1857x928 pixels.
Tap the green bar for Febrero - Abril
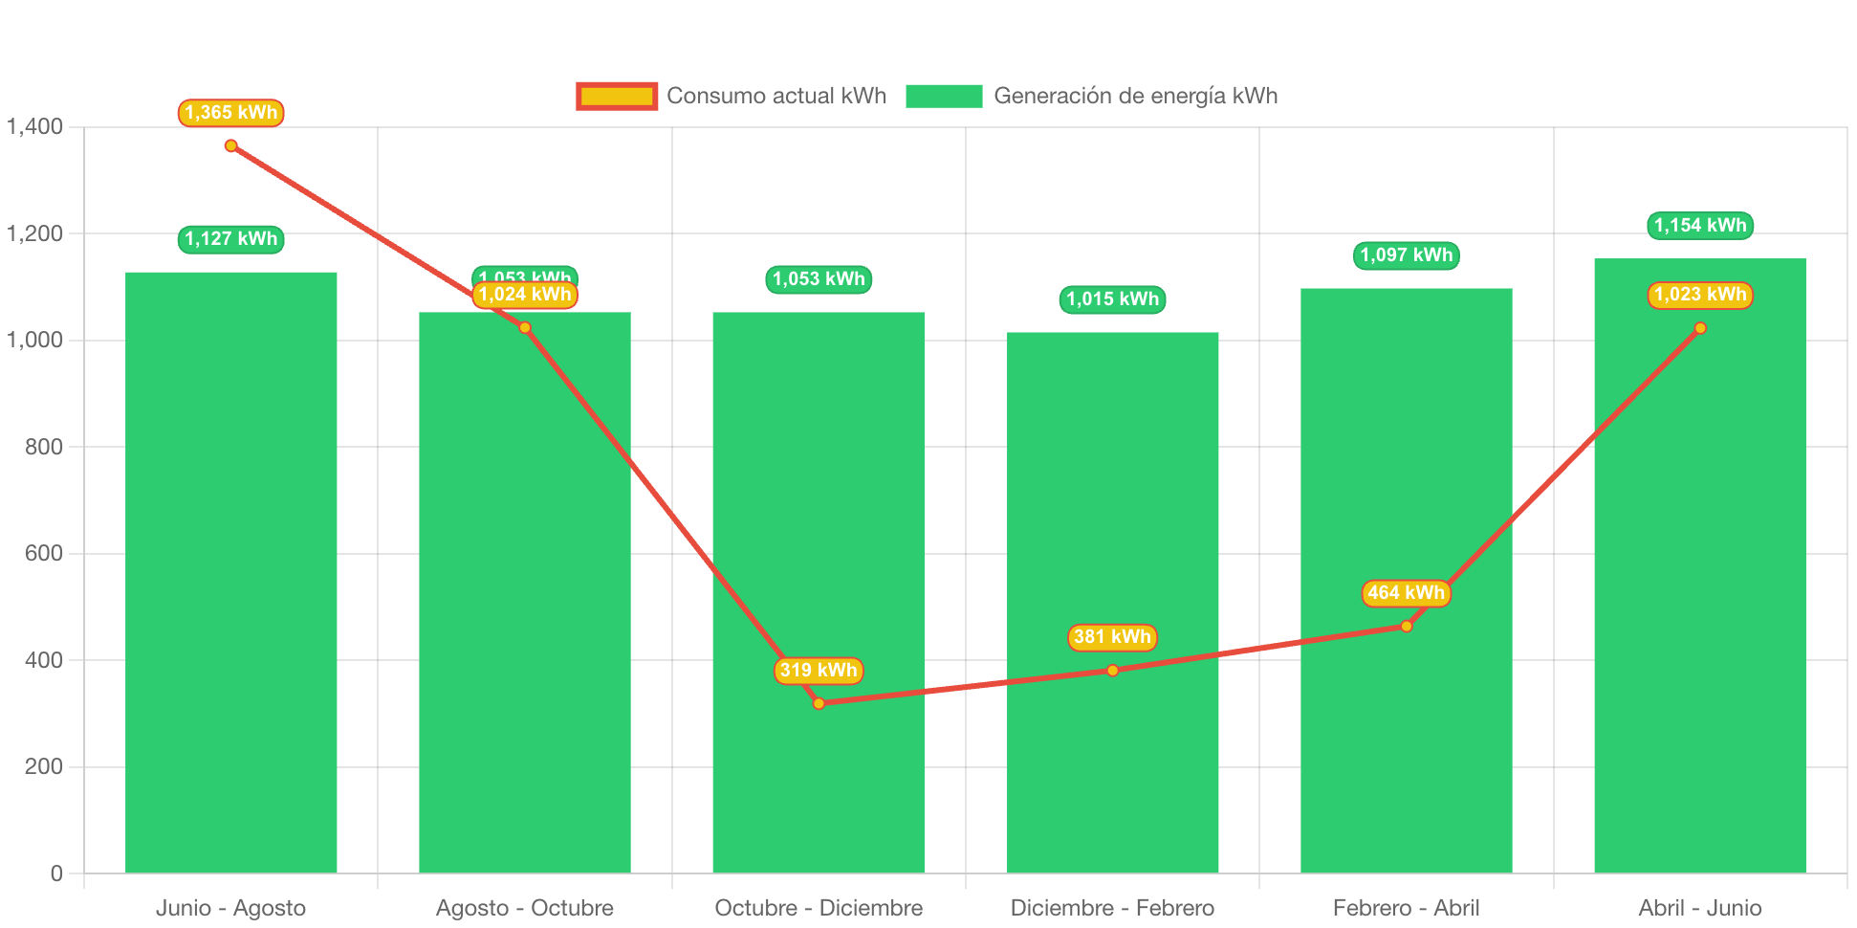(1406, 765)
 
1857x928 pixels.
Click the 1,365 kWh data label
(230, 113)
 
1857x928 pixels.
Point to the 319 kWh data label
(819, 671)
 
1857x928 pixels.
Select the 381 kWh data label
(1112, 637)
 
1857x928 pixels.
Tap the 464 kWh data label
(1406, 593)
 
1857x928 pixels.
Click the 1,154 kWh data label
(1700, 226)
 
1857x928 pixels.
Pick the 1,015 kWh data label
(1112, 299)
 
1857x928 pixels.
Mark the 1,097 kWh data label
(1406, 255)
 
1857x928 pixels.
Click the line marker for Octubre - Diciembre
(819, 703)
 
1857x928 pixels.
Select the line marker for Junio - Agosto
(230, 146)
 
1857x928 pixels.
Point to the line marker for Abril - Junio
(1700, 328)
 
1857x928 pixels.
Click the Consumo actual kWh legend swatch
(617, 96)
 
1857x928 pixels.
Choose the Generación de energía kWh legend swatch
(944, 96)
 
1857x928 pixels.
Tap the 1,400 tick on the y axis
(35, 126)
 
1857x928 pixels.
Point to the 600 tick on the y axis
(44, 553)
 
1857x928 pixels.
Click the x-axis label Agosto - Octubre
(525, 908)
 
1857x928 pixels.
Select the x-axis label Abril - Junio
(1700, 908)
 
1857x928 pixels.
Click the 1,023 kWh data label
(1700, 295)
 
